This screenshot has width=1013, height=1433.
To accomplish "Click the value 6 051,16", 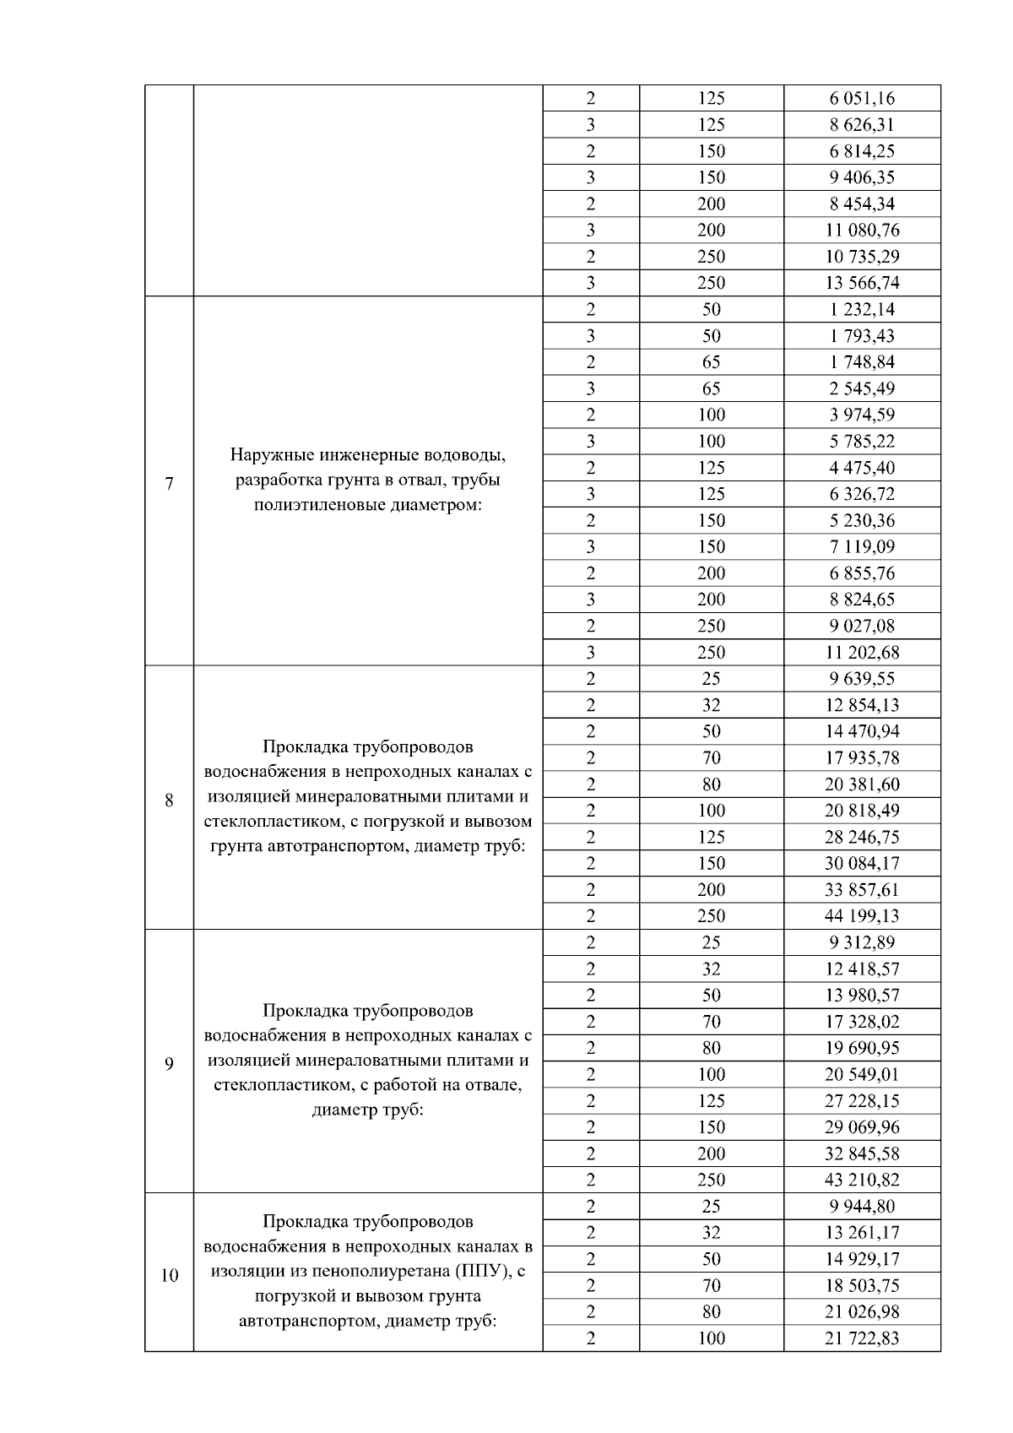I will pyautogui.click(x=861, y=98).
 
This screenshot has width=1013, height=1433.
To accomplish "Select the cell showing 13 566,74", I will pyautogui.click(x=861, y=283).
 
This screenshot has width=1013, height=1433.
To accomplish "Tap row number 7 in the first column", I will pyautogui.click(x=169, y=484).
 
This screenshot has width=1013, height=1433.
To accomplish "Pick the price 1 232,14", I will pyautogui.click(x=861, y=309).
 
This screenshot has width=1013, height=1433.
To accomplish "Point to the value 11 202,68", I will pyautogui.click(x=861, y=652).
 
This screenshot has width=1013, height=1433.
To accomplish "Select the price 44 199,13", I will pyautogui.click(x=861, y=916).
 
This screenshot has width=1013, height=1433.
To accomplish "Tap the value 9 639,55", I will pyautogui.click(x=861, y=679).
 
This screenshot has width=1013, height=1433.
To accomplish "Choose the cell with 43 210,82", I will pyautogui.click(x=861, y=1180).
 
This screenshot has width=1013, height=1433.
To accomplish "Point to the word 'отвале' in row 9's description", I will pyautogui.click(x=495, y=1085).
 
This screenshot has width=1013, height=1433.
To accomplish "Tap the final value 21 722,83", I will pyautogui.click(x=861, y=1338).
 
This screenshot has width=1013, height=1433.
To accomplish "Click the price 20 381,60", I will pyautogui.click(x=861, y=784).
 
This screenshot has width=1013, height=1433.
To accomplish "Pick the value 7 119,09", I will pyautogui.click(x=861, y=546).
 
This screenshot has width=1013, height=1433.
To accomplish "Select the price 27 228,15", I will pyautogui.click(x=861, y=1101).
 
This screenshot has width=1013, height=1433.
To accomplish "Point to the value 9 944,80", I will pyautogui.click(x=861, y=1207).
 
